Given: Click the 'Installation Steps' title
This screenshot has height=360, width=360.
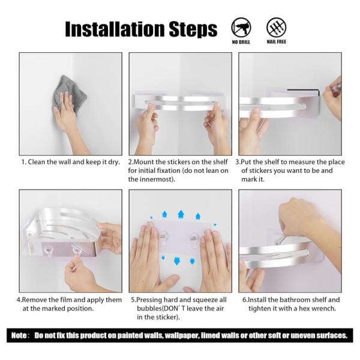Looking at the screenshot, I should click(x=140, y=28).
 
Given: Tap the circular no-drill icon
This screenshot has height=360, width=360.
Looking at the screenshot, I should click(x=241, y=26).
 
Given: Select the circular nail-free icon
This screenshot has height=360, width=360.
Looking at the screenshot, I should click(x=276, y=26).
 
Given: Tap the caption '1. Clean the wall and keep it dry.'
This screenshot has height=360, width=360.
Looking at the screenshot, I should click(x=70, y=162).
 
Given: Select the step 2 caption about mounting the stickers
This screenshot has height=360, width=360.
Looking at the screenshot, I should click(x=179, y=171).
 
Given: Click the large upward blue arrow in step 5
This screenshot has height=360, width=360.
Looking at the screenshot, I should click(x=181, y=214).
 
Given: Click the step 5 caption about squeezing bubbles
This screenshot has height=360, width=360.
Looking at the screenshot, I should click(x=179, y=308).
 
